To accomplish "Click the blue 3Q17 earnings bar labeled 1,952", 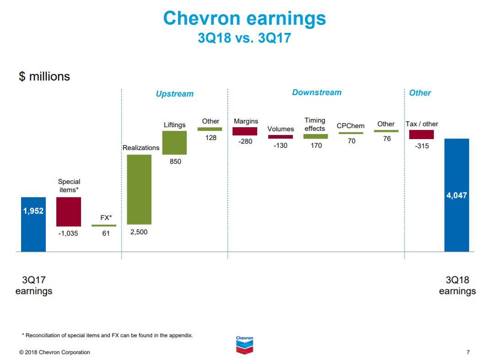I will (x=33, y=224).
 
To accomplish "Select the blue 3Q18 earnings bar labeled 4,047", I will (x=456, y=195).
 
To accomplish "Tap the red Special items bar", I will (x=69, y=212).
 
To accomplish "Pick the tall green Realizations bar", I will (x=139, y=189).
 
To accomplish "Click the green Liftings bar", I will (x=174, y=143).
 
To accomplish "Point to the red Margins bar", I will (x=245, y=131).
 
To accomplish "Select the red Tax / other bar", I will (x=421, y=134).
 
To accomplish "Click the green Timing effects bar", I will (x=315, y=136).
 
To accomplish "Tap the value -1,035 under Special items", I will (x=68, y=233).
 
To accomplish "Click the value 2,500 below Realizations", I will (x=139, y=232).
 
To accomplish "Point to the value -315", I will (x=421, y=146).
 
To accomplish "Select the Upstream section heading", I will (x=174, y=94).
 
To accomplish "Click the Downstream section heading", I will (x=317, y=92).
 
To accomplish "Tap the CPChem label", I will (x=351, y=126).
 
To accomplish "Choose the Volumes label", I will (x=281, y=129).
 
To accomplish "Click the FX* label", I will (x=106, y=218).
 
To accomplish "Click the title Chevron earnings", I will (x=244, y=19).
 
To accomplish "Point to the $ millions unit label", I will (x=44, y=76).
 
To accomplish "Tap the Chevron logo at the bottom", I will (x=244, y=345).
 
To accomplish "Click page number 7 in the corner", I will (x=468, y=352).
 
